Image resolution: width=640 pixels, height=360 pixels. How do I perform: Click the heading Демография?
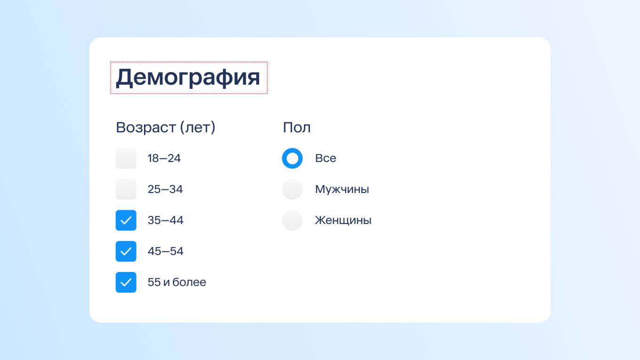pyautogui.click(x=188, y=78)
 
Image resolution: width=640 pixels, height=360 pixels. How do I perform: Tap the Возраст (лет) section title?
pyautogui.click(x=165, y=128)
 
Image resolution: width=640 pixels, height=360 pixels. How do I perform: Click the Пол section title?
pyautogui.click(x=296, y=128)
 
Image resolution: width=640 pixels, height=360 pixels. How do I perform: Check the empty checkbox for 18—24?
pyautogui.click(x=126, y=159)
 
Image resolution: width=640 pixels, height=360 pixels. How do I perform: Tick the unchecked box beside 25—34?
pyautogui.click(x=126, y=189)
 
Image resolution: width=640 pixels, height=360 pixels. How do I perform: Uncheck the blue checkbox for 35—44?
pyautogui.click(x=126, y=220)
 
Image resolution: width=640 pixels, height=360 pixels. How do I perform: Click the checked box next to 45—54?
pyautogui.click(x=126, y=251)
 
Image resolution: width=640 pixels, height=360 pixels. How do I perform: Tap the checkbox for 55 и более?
pyautogui.click(x=126, y=282)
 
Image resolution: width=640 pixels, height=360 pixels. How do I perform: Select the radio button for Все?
pyautogui.click(x=292, y=159)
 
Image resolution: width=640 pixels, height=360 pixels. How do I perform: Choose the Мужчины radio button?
pyautogui.click(x=292, y=189)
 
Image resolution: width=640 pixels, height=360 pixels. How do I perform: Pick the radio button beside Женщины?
pyautogui.click(x=292, y=220)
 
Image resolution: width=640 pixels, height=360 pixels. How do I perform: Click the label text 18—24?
pyautogui.click(x=164, y=159)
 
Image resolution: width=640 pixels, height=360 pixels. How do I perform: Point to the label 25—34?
pyautogui.click(x=165, y=189)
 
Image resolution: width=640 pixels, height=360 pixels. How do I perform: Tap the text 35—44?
pyautogui.click(x=166, y=220)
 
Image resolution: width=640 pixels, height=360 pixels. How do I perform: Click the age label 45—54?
pyautogui.click(x=166, y=251)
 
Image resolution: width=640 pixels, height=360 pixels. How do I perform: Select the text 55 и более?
pyautogui.click(x=177, y=282)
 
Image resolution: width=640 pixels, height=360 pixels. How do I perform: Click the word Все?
pyautogui.click(x=326, y=159)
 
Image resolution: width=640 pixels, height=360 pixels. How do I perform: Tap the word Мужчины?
pyautogui.click(x=342, y=189)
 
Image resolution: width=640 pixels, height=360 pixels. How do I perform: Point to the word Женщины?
pyautogui.click(x=343, y=220)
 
